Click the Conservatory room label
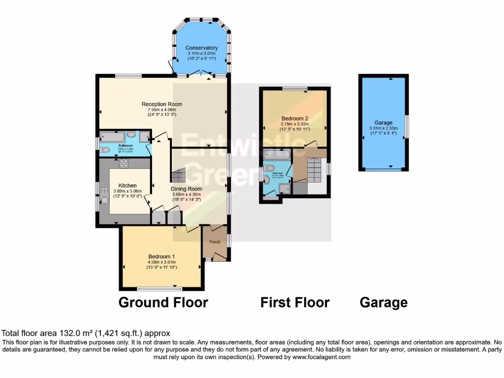[x=202, y=48]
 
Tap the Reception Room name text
[x=162, y=104]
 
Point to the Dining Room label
[x=187, y=189]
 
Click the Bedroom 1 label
[x=162, y=256]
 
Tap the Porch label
[x=215, y=242]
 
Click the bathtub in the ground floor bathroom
[x=113, y=136]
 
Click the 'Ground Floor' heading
[x=163, y=302]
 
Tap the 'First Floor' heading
[x=295, y=302]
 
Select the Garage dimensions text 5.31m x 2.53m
[x=383, y=128]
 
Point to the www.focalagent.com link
[x=321, y=357]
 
